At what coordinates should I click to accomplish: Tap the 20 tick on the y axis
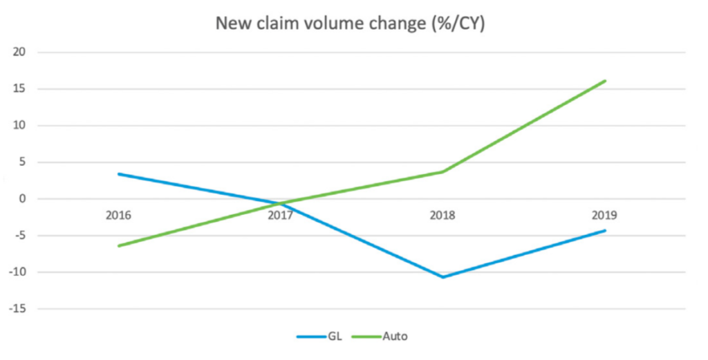pos(19,53)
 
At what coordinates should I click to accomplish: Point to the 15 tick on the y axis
pos(19,89)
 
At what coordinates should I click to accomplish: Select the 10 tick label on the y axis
pos(19,126)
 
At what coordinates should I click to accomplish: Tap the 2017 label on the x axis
pos(280,215)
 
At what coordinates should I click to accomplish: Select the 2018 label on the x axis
pos(442,215)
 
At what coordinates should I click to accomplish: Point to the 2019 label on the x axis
pos(605,215)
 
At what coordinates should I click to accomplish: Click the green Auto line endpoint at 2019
pos(605,81)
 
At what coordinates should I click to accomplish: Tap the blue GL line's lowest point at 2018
pos(442,277)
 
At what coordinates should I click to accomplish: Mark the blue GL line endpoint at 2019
pos(605,230)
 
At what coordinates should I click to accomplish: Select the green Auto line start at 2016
pos(118,246)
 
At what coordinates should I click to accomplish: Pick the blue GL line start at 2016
pos(118,174)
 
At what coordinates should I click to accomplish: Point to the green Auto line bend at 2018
pos(442,171)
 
